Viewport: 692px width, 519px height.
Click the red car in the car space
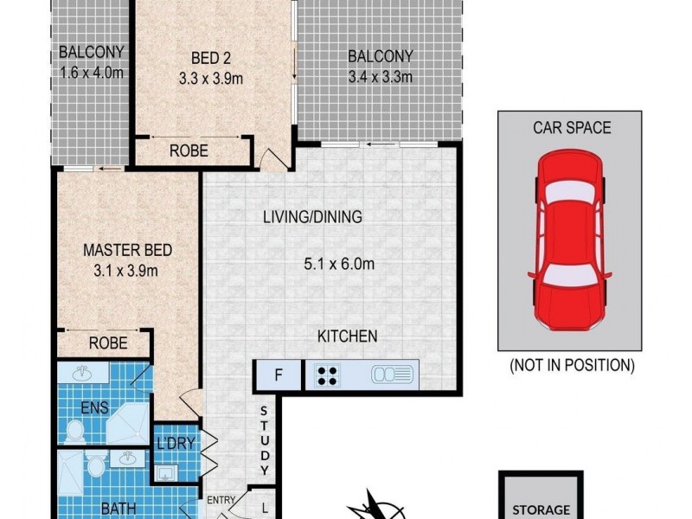pyautogui.click(x=569, y=242)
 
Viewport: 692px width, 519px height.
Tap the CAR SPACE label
pyautogui.click(x=571, y=128)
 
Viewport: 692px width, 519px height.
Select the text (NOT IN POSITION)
pyautogui.click(x=571, y=365)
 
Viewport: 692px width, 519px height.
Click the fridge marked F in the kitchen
pyautogui.click(x=277, y=375)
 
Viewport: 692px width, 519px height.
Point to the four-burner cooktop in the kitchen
pyautogui.click(x=329, y=375)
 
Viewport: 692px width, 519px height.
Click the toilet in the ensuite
pyautogui.click(x=75, y=430)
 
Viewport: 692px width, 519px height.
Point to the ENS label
pyautogui.click(x=96, y=407)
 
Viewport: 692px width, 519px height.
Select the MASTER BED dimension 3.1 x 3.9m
pyautogui.click(x=127, y=270)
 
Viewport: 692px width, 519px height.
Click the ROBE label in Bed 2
pyautogui.click(x=188, y=149)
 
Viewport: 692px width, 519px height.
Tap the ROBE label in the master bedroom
pyautogui.click(x=108, y=343)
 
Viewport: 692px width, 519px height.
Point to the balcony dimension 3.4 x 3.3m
pyautogui.click(x=380, y=77)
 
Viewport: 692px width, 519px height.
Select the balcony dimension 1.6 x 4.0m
pyautogui.click(x=92, y=72)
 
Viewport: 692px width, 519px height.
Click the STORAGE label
pyautogui.click(x=543, y=509)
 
